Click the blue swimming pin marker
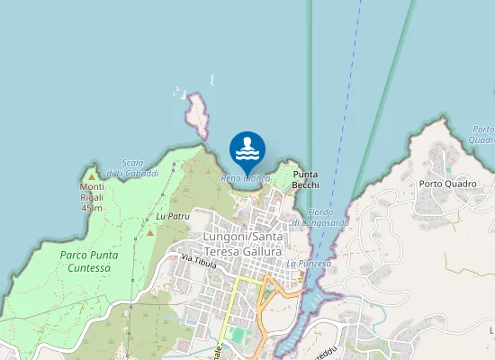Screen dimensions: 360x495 (247, 149)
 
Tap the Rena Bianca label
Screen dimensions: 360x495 (246, 178)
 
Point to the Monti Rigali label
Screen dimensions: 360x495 (92, 193)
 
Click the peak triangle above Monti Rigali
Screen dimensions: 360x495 (90, 177)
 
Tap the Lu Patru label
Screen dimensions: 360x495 (173, 217)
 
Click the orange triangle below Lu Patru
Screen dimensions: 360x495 (151, 233)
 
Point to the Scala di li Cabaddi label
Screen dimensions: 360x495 (132, 167)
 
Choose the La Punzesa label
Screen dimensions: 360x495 (309, 264)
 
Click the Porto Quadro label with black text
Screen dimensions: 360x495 (447, 184)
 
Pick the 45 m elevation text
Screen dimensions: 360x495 (92, 209)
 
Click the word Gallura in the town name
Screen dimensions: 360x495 (257, 251)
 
